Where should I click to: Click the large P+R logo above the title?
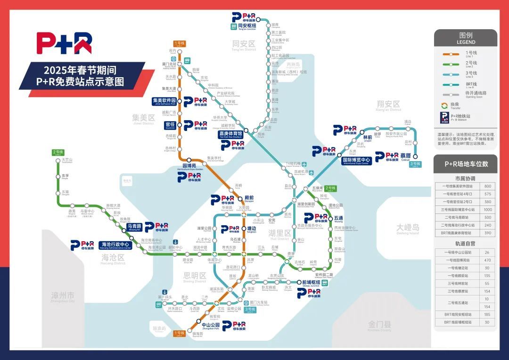[x=64, y=43]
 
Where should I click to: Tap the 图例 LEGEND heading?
[x=466, y=38]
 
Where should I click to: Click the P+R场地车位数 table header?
[x=466, y=164]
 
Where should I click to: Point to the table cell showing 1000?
[x=488, y=209]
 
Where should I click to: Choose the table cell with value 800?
[x=488, y=186]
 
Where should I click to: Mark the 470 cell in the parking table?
[x=488, y=260]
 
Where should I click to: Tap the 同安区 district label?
[x=244, y=44]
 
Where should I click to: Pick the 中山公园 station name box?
[x=211, y=325]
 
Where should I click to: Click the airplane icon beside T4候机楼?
[x=304, y=164]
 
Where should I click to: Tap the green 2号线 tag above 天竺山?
[x=58, y=152]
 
